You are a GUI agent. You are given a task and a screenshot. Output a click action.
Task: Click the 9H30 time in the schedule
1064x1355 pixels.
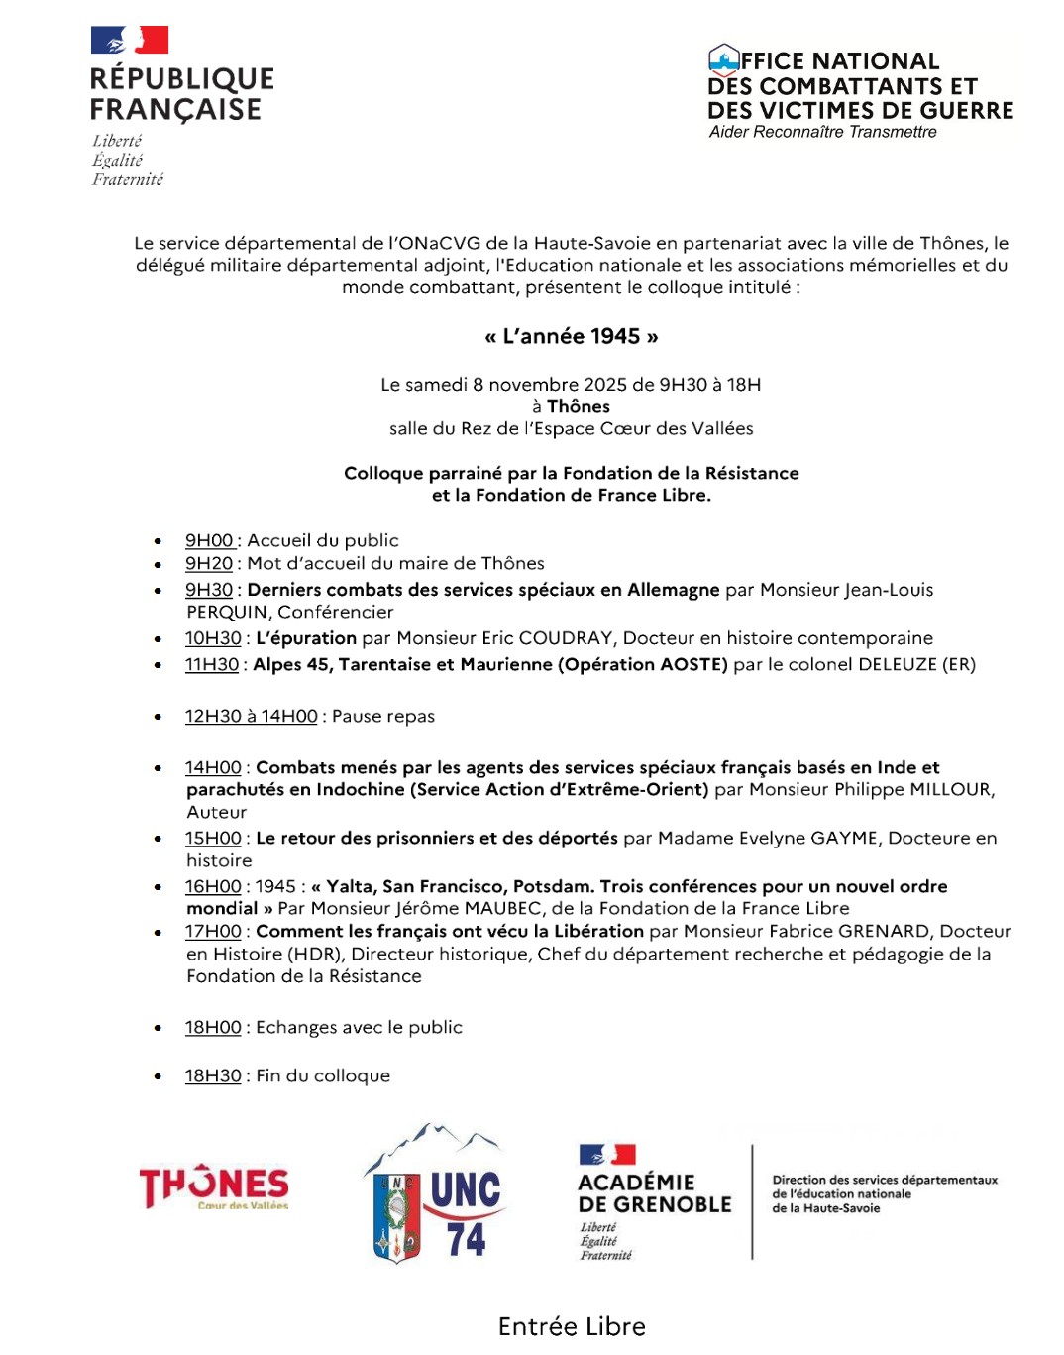coord(209,590)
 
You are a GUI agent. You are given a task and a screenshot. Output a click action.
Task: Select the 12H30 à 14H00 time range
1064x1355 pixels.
coord(252,716)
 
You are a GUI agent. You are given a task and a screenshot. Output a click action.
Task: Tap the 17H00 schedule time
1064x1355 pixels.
coord(213,931)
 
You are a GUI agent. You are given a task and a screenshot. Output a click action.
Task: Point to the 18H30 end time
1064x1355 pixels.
coord(213,1075)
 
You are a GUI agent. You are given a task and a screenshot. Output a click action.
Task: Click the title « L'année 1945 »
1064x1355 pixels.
coord(572,336)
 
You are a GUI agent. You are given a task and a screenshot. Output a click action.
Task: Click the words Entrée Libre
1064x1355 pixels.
coord(572,1326)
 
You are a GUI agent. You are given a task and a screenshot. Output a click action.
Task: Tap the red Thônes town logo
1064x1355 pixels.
coord(214,1186)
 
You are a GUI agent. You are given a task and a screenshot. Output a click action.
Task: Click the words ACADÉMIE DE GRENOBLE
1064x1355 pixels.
coord(655,1193)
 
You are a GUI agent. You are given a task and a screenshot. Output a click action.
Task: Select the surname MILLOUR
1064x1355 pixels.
coord(950,789)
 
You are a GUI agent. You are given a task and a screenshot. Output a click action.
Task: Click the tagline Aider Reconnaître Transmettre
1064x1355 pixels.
coord(822,132)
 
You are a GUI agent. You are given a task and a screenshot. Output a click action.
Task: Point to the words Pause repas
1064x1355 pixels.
coord(383,716)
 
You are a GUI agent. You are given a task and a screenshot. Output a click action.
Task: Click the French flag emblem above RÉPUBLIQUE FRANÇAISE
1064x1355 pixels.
coord(130,41)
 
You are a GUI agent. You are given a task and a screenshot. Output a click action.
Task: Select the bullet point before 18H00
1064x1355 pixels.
coord(158,1028)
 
